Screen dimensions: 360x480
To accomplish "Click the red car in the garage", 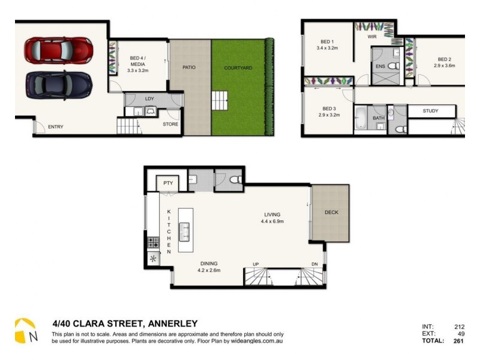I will tap(58, 49).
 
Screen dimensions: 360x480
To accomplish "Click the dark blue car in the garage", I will tap(58, 85).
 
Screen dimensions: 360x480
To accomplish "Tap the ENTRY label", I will tap(56, 127).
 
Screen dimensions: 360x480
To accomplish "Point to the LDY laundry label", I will tap(149, 98).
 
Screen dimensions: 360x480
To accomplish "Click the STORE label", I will tap(170, 125).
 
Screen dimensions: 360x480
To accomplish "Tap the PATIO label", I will tap(189, 68).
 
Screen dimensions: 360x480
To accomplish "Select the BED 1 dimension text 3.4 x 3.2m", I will tap(328, 47).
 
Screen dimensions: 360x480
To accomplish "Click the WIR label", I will tap(373, 36).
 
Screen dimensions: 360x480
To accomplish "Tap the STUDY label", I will tap(430, 111).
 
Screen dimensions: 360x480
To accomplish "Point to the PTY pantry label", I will tap(167, 182).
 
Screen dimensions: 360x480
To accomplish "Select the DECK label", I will tap(331, 212).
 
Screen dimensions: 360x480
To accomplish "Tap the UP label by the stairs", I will tap(255, 265).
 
